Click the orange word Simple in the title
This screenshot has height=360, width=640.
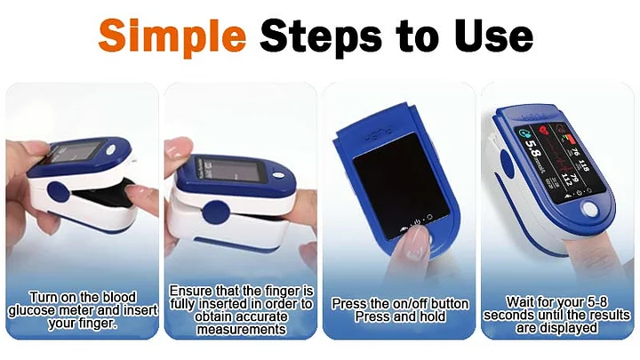172,36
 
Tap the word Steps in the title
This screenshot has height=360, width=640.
321,36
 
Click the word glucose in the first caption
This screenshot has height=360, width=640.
32,311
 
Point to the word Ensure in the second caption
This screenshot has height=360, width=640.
191,291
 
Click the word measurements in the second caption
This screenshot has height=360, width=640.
241,330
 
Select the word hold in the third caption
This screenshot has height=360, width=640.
432,316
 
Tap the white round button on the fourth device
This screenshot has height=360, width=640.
590,209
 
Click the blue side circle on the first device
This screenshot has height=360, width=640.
59,192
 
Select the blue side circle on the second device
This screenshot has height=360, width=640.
216,212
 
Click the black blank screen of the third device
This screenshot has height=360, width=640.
400,185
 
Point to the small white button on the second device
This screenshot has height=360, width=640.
278,175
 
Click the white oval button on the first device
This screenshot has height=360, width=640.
110,150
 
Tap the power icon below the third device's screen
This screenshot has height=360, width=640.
417,222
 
